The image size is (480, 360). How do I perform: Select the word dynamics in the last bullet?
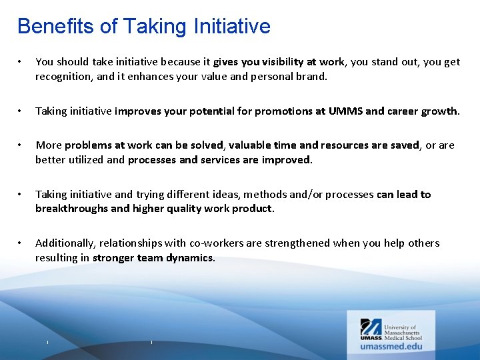pyautogui.click(x=189, y=257)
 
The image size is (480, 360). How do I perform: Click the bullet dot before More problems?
pyautogui.click(x=21, y=146)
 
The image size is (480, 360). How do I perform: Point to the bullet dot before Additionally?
pyautogui.click(x=21, y=243)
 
